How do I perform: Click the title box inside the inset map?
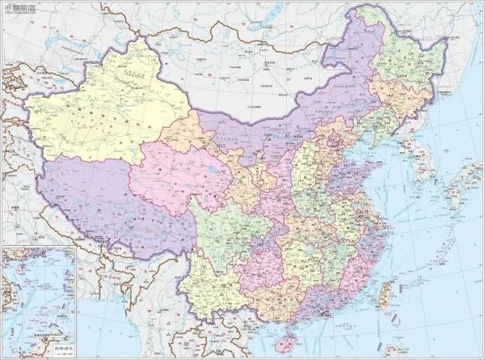pyautogui.click(x=61, y=347)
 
